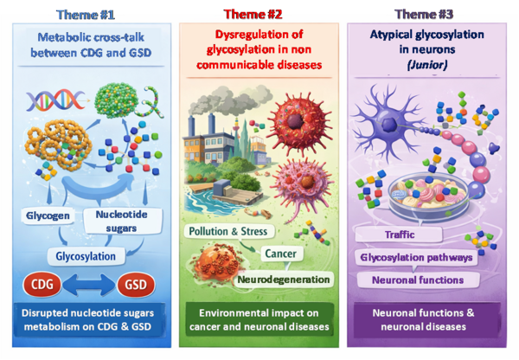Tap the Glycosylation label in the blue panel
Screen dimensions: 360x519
(x=86, y=255)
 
